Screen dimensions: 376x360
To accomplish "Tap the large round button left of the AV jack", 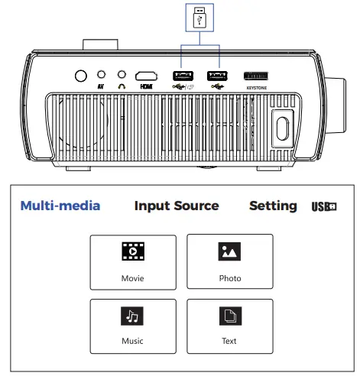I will coord(79,76).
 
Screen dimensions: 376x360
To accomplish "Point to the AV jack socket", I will coord(102,75).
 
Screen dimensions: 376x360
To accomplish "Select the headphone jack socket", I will coord(122,75).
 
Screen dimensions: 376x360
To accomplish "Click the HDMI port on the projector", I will coord(146,76).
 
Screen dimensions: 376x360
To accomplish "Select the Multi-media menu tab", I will coord(60,206).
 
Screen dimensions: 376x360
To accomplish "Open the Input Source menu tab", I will coord(177,206).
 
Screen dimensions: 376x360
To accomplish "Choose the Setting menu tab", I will coord(273,206).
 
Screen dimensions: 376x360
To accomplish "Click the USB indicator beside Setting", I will coord(324,206).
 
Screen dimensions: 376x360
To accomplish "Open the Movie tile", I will coord(133,261).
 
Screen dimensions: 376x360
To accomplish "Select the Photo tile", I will coord(229,261).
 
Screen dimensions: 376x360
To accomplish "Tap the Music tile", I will coord(133,326).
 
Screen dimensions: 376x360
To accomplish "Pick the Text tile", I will coord(229,326).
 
